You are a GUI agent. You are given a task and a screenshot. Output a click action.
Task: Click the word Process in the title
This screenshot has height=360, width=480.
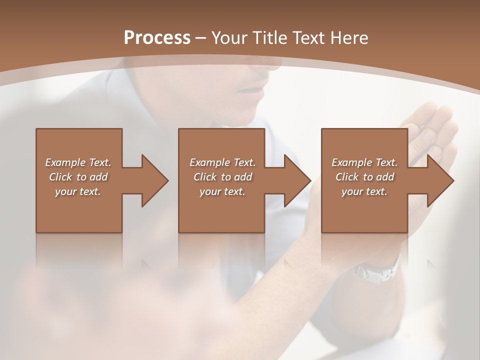pyautogui.click(x=157, y=38)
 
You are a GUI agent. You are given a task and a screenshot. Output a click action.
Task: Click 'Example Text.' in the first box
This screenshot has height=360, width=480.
pyautogui.click(x=78, y=162)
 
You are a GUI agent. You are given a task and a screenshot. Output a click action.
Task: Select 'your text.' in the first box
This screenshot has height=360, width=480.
pyautogui.click(x=78, y=191)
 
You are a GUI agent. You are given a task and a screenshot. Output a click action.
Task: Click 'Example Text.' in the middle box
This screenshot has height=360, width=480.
pyautogui.click(x=222, y=162)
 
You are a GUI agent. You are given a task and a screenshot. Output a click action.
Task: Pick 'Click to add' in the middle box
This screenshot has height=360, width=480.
pyautogui.click(x=222, y=177)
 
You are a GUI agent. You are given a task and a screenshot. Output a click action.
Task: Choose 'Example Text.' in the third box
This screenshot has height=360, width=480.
pyautogui.click(x=364, y=162)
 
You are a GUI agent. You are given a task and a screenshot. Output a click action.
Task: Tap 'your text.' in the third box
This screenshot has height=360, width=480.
pyautogui.click(x=364, y=191)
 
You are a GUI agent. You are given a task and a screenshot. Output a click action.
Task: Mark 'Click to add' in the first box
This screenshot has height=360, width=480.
pyautogui.click(x=78, y=177)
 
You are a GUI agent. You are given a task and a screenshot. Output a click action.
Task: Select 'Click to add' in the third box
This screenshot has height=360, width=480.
pyautogui.click(x=364, y=177)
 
